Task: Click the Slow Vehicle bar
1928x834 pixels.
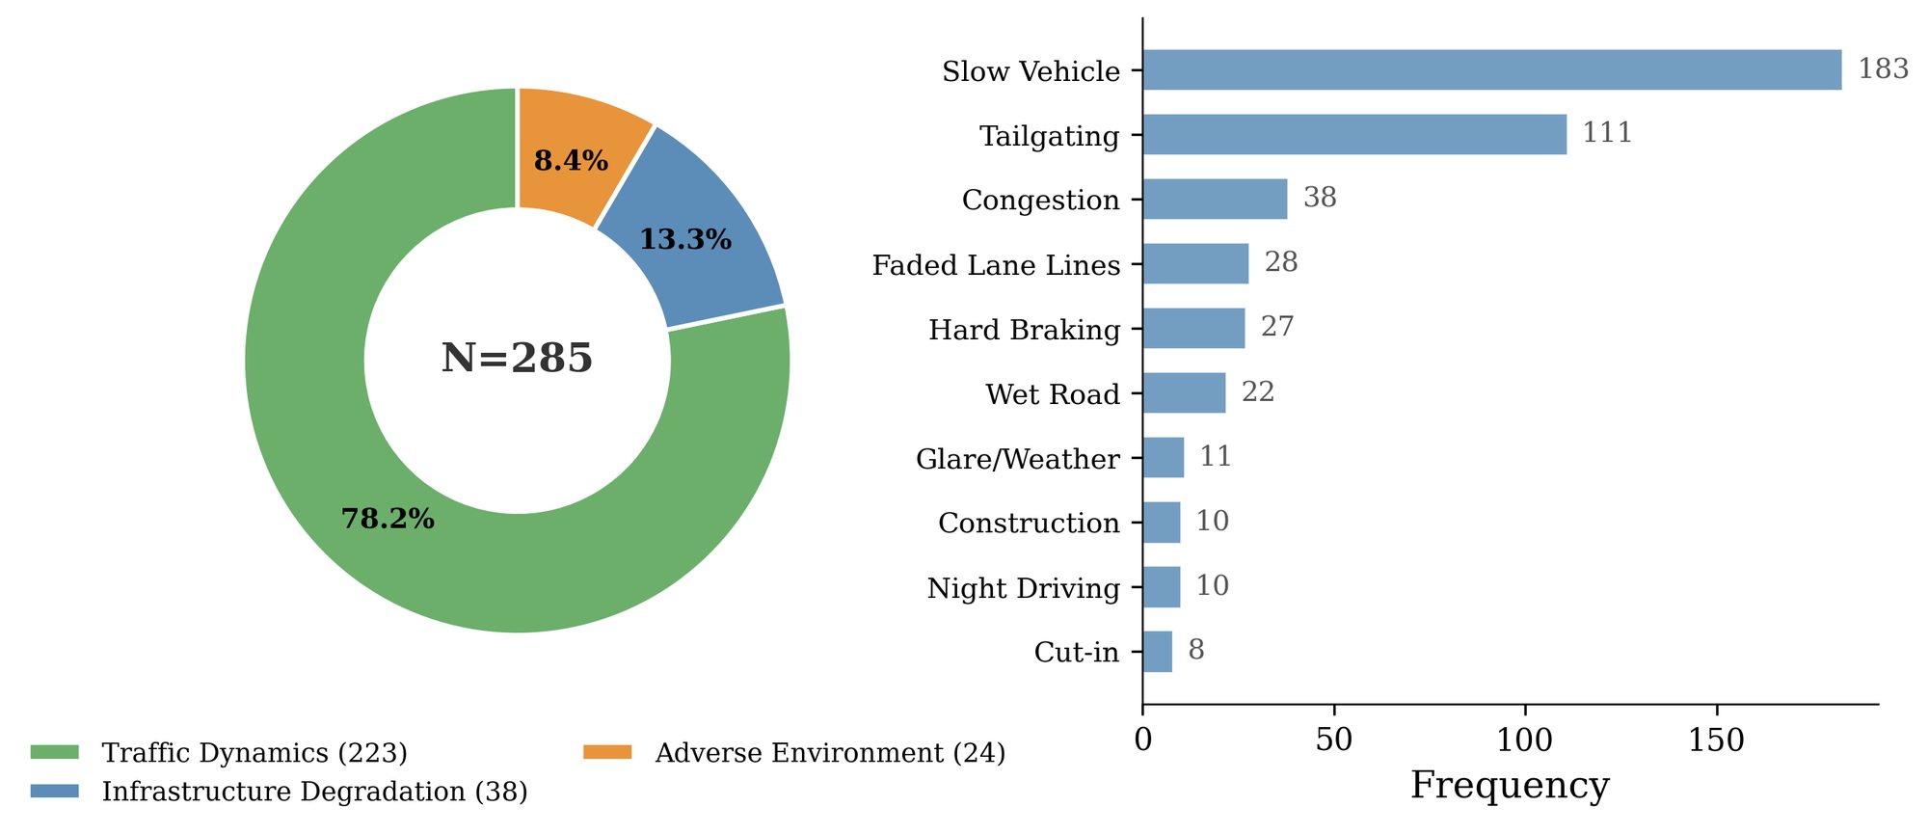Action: pos(1492,70)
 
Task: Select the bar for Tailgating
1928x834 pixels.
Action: pos(1354,135)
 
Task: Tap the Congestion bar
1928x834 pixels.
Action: pos(1215,200)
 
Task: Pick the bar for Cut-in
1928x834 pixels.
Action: pos(1158,652)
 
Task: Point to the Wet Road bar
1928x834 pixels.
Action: pos(1185,393)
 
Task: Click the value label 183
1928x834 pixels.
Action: pos(1884,69)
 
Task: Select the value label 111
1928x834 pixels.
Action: pos(1607,133)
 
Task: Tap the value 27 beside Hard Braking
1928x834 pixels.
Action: pos(1277,327)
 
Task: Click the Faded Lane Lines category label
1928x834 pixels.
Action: pos(996,265)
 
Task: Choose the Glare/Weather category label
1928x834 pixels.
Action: pos(1017,459)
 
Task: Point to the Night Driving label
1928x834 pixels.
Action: pos(1023,588)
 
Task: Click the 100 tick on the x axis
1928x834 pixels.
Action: pos(1525,740)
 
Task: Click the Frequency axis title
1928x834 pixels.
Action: pos(1510,786)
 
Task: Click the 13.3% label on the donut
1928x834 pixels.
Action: pos(685,239)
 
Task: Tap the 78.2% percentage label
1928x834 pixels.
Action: pos(388,519)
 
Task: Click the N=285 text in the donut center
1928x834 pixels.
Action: pos(517,358)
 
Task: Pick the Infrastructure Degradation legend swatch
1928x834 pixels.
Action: pos(55,792)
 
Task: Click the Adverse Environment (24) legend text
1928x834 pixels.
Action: pos(830,753)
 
